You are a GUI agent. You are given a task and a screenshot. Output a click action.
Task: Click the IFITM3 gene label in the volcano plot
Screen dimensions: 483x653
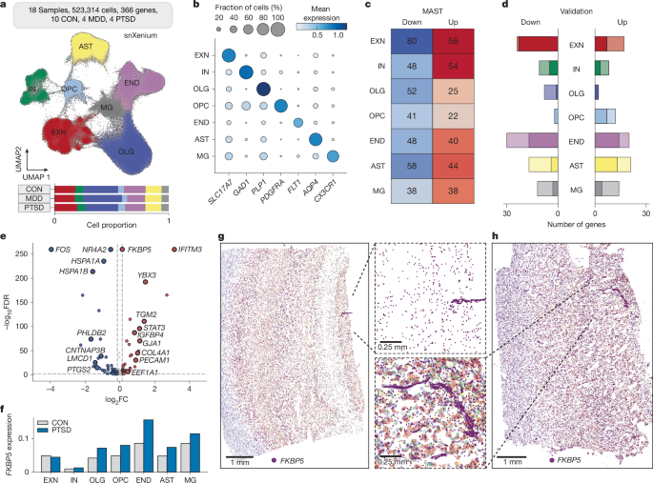(187, 251)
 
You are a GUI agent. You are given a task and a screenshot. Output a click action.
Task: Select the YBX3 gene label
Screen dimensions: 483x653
(147, 275)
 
